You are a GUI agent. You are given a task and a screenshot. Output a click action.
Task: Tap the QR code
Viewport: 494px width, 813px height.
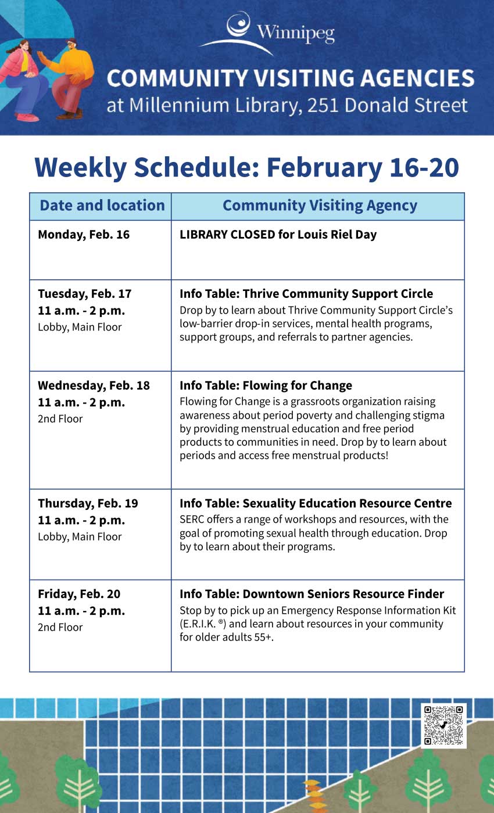click(443, 725)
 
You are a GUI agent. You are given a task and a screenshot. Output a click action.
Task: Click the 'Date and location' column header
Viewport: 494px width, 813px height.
click(102, 206)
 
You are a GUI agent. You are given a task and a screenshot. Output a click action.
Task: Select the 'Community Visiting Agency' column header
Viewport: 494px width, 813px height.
click(320, 206)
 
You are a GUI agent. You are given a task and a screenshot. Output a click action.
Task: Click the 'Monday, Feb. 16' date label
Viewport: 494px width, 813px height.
click(84, 235)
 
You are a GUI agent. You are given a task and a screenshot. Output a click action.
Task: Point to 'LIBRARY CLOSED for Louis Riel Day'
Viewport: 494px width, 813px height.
click(278, 235)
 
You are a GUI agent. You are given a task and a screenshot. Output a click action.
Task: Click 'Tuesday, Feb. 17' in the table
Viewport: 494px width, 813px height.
click(85, 294)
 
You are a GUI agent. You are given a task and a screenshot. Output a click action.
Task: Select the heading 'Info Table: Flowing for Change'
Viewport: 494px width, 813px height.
click(266, 386)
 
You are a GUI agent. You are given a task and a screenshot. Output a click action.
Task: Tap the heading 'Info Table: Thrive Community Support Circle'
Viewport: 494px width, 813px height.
click(306, 294)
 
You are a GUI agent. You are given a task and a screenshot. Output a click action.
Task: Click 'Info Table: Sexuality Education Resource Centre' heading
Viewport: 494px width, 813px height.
click(316, 503)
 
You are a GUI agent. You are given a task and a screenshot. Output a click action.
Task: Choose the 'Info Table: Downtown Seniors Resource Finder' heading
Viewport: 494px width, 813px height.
click(312, 594)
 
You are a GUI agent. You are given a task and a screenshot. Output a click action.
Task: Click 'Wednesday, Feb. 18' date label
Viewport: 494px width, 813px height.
click(94, 386)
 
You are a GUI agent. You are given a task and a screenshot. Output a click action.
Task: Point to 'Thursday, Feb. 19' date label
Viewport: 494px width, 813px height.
click(88, 503)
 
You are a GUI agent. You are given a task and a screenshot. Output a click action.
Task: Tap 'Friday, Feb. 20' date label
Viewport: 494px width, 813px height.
click(79, 594)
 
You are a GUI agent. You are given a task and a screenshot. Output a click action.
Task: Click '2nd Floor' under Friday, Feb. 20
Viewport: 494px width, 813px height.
click(60, 627)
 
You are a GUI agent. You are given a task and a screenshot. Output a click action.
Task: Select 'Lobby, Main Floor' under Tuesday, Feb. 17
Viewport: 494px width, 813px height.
click(80, 327)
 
